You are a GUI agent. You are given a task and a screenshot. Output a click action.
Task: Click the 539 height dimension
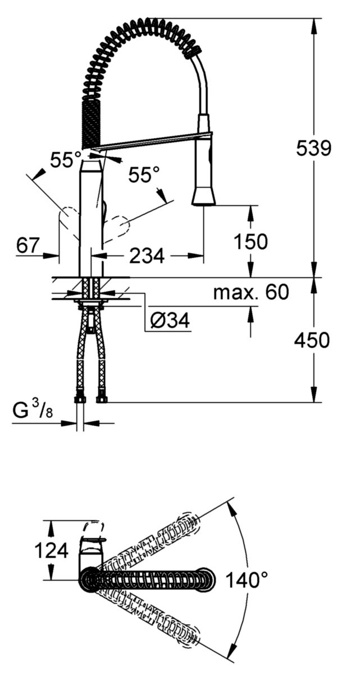click(x=313, y=148)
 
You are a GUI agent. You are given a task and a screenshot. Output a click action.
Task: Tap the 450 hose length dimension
click(x=312, y=340)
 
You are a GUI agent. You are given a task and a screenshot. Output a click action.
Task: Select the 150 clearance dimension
click(x=251, y=241)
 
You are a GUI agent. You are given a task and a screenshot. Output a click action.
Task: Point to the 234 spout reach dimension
click(x=147, y=255)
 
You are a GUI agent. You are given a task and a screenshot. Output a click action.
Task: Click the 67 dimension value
click(x=28, y=245)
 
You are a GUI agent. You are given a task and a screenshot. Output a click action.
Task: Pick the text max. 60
click(x=251, y=292)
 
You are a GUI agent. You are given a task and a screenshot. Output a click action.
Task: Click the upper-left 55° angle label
click(x=66, y=160)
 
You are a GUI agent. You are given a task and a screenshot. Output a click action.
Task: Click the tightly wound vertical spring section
click(x=90, y=124)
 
